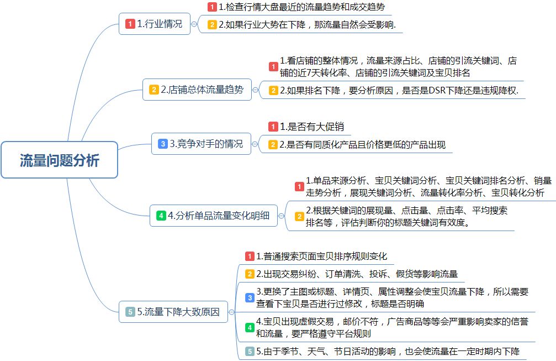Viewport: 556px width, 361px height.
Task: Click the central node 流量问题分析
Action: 60,160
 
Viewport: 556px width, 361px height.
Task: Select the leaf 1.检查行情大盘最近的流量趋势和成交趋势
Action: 301,7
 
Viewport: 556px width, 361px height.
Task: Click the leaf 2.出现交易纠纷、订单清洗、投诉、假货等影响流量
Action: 357,274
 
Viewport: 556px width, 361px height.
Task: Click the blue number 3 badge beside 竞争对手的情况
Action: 162,144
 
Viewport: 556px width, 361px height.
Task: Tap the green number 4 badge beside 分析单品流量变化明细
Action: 161,216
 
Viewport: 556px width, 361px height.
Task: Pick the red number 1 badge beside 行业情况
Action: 130,24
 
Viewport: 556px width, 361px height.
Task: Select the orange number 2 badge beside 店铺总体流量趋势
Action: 153,90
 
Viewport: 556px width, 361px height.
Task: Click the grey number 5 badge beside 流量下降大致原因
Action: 130,312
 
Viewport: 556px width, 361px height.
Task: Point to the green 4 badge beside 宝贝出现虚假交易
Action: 250,327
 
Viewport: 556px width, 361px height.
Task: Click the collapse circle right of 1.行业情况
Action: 194,24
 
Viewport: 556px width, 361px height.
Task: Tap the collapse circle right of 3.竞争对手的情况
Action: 255,144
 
